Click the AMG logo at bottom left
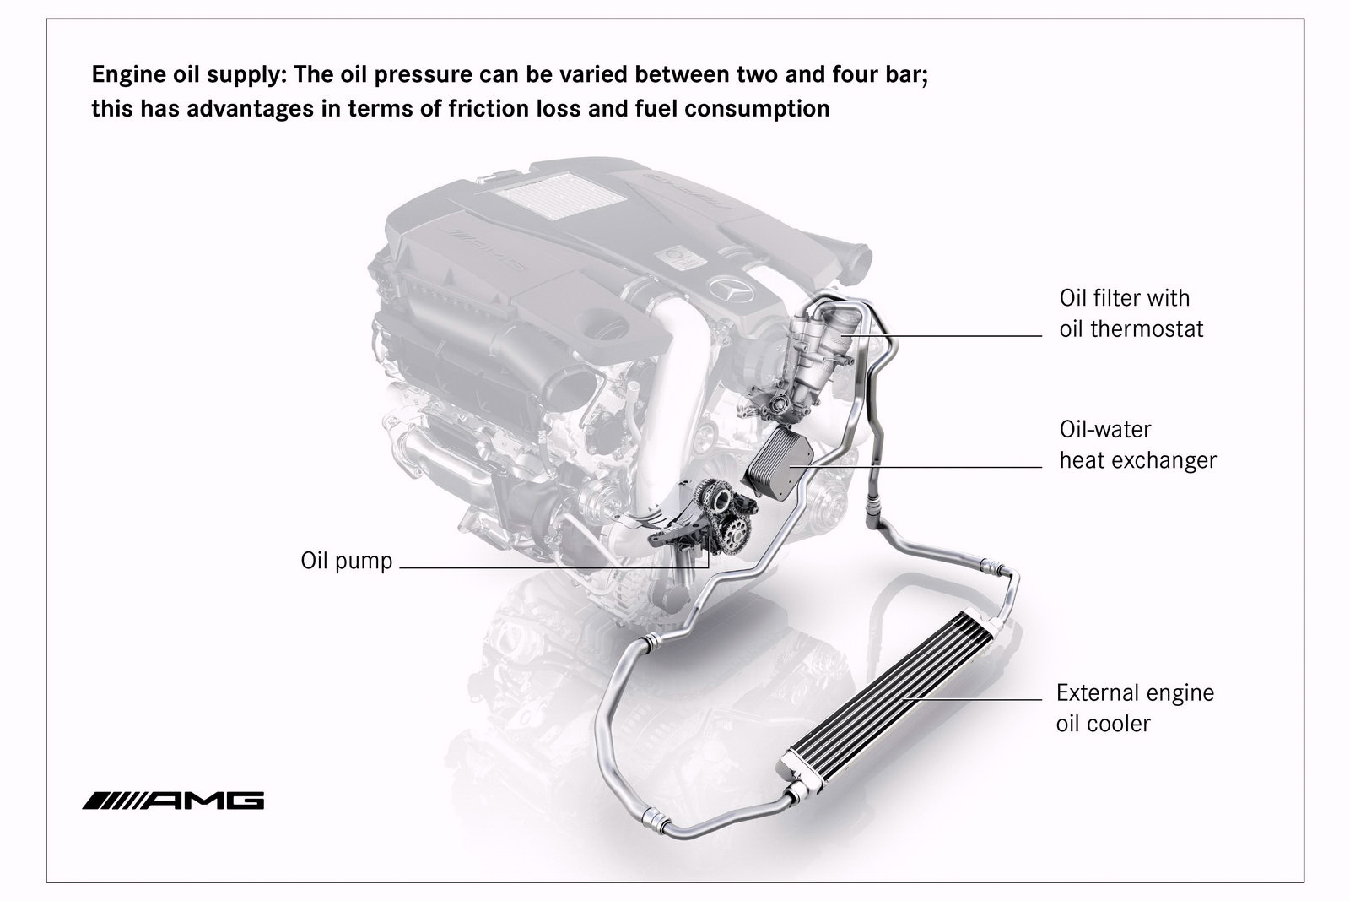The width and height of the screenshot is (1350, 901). click(x=173, y=801)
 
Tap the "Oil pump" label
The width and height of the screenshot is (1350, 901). click(x=347, y=561)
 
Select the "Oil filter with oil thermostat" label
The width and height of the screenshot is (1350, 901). click(x=1131, y=313)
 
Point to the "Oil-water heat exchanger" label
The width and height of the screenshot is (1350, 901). click(x=1138, y=444)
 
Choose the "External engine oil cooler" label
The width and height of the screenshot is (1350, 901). click(x=1135, y=708)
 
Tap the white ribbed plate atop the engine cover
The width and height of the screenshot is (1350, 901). click(x=544, y=195)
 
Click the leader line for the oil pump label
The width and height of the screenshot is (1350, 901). click(x=553, y=567)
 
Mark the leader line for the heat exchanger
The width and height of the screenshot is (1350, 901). click(x=915, y=467)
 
